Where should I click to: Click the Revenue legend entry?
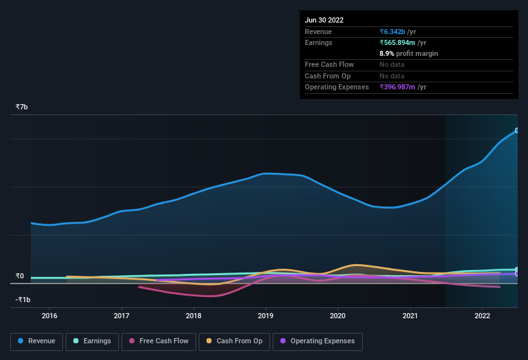37,341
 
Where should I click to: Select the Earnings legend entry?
92,341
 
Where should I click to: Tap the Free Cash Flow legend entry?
159,341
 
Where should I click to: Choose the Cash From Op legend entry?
233,341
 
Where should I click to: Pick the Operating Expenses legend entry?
317,341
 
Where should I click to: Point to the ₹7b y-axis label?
22,107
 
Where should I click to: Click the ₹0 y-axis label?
20,276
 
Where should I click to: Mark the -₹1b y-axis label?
23,300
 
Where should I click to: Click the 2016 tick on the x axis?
50,316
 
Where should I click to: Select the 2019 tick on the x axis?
266,316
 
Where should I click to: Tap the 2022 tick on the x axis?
482,316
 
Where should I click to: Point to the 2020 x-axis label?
338,316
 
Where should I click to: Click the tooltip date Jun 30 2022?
324,20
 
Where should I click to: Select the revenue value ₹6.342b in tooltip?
392,32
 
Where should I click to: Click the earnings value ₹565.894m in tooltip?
397,42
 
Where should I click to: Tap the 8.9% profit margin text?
408,53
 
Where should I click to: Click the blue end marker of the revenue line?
517,130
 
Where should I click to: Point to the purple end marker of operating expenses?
517,274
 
